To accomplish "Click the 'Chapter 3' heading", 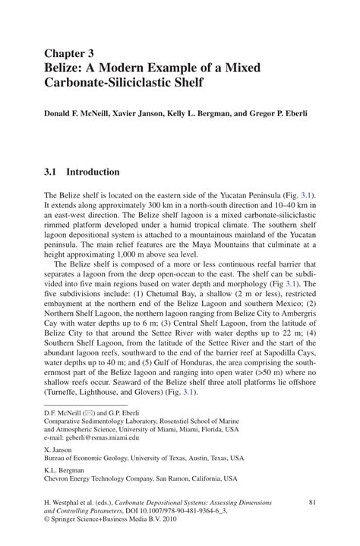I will pos(69,53).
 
